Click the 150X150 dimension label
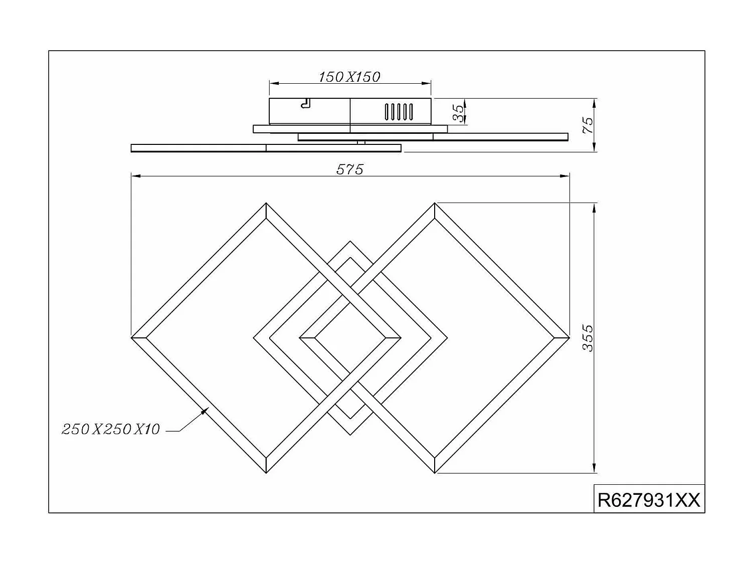[349, 77]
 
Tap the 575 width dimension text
[349, 169]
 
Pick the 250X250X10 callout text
[111, 429]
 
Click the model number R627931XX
[649, 500]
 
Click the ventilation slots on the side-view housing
[399, 112]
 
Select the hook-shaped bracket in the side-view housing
[305, 103]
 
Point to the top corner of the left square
[266, 204]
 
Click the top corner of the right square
[435, 204]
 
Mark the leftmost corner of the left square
[132, 338]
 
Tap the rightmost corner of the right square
[569, 338]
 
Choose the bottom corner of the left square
[266, 472]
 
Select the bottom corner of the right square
[435, 472]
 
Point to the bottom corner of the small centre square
[350, 434]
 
